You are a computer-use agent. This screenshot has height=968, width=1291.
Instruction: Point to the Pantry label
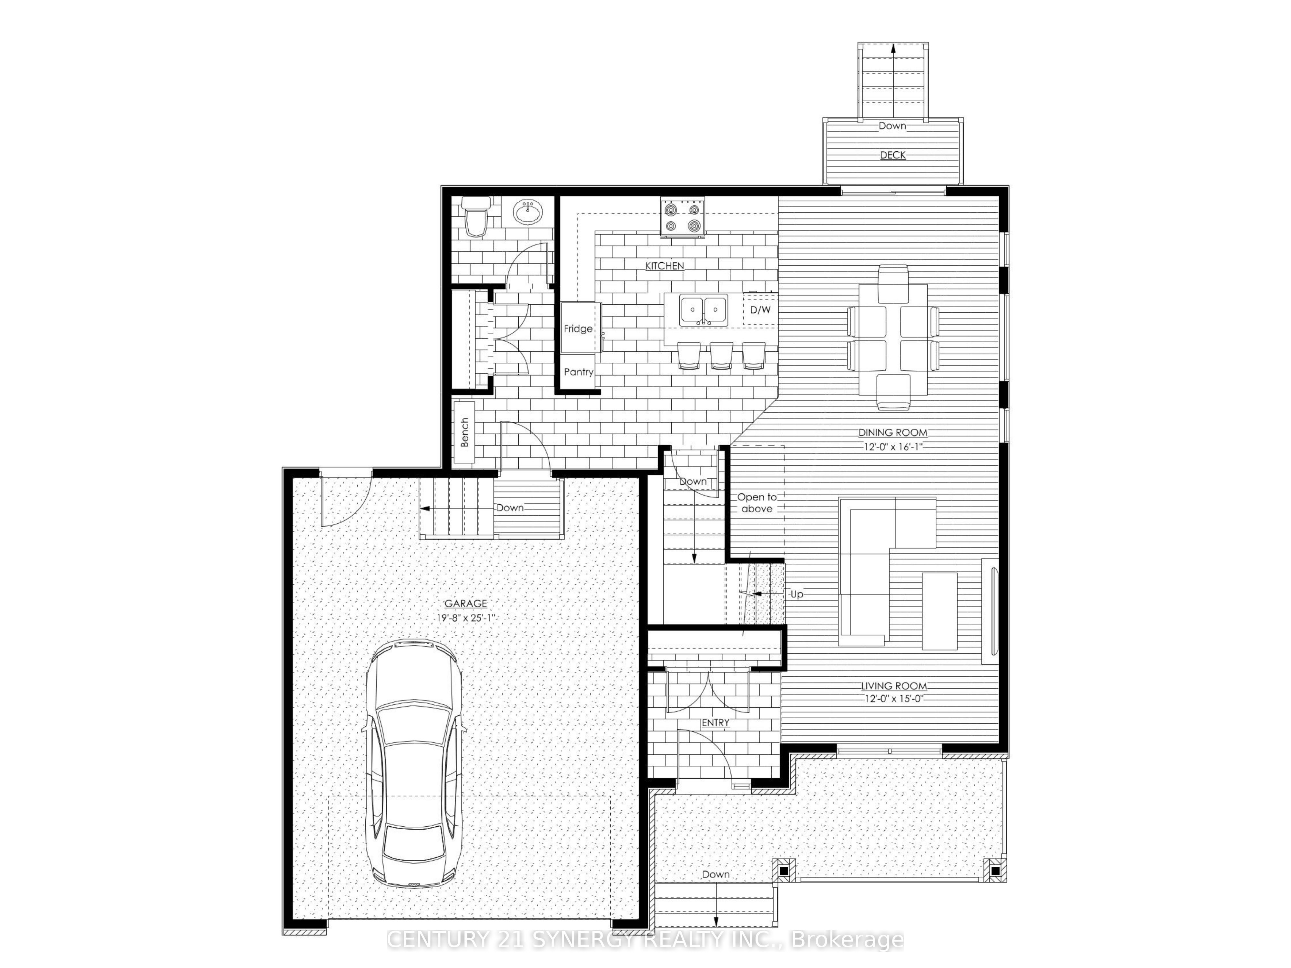coord(578,372)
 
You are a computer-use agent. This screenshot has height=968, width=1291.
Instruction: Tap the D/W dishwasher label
coord(760,310)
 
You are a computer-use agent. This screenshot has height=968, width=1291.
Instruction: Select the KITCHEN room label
coord(664,266)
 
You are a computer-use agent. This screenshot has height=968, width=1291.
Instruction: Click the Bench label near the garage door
coord(464,432)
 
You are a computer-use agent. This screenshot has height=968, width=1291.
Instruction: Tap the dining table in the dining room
coord(893,337)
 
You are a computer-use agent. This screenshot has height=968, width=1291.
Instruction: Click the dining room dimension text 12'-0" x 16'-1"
coord(892,446)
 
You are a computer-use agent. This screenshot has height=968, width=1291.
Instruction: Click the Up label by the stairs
coord(797,594)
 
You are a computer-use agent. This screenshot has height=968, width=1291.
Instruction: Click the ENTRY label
coord(716,722)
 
